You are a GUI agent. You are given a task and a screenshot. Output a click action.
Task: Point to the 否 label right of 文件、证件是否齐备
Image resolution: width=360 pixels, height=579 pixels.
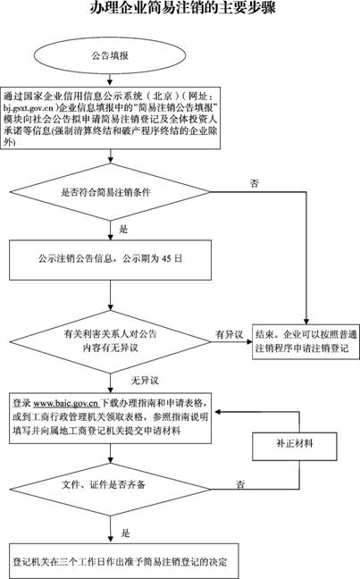click(x=240, y=483)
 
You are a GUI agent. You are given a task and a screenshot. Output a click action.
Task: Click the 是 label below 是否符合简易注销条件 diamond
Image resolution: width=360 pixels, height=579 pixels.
click(x=123, y=229)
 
